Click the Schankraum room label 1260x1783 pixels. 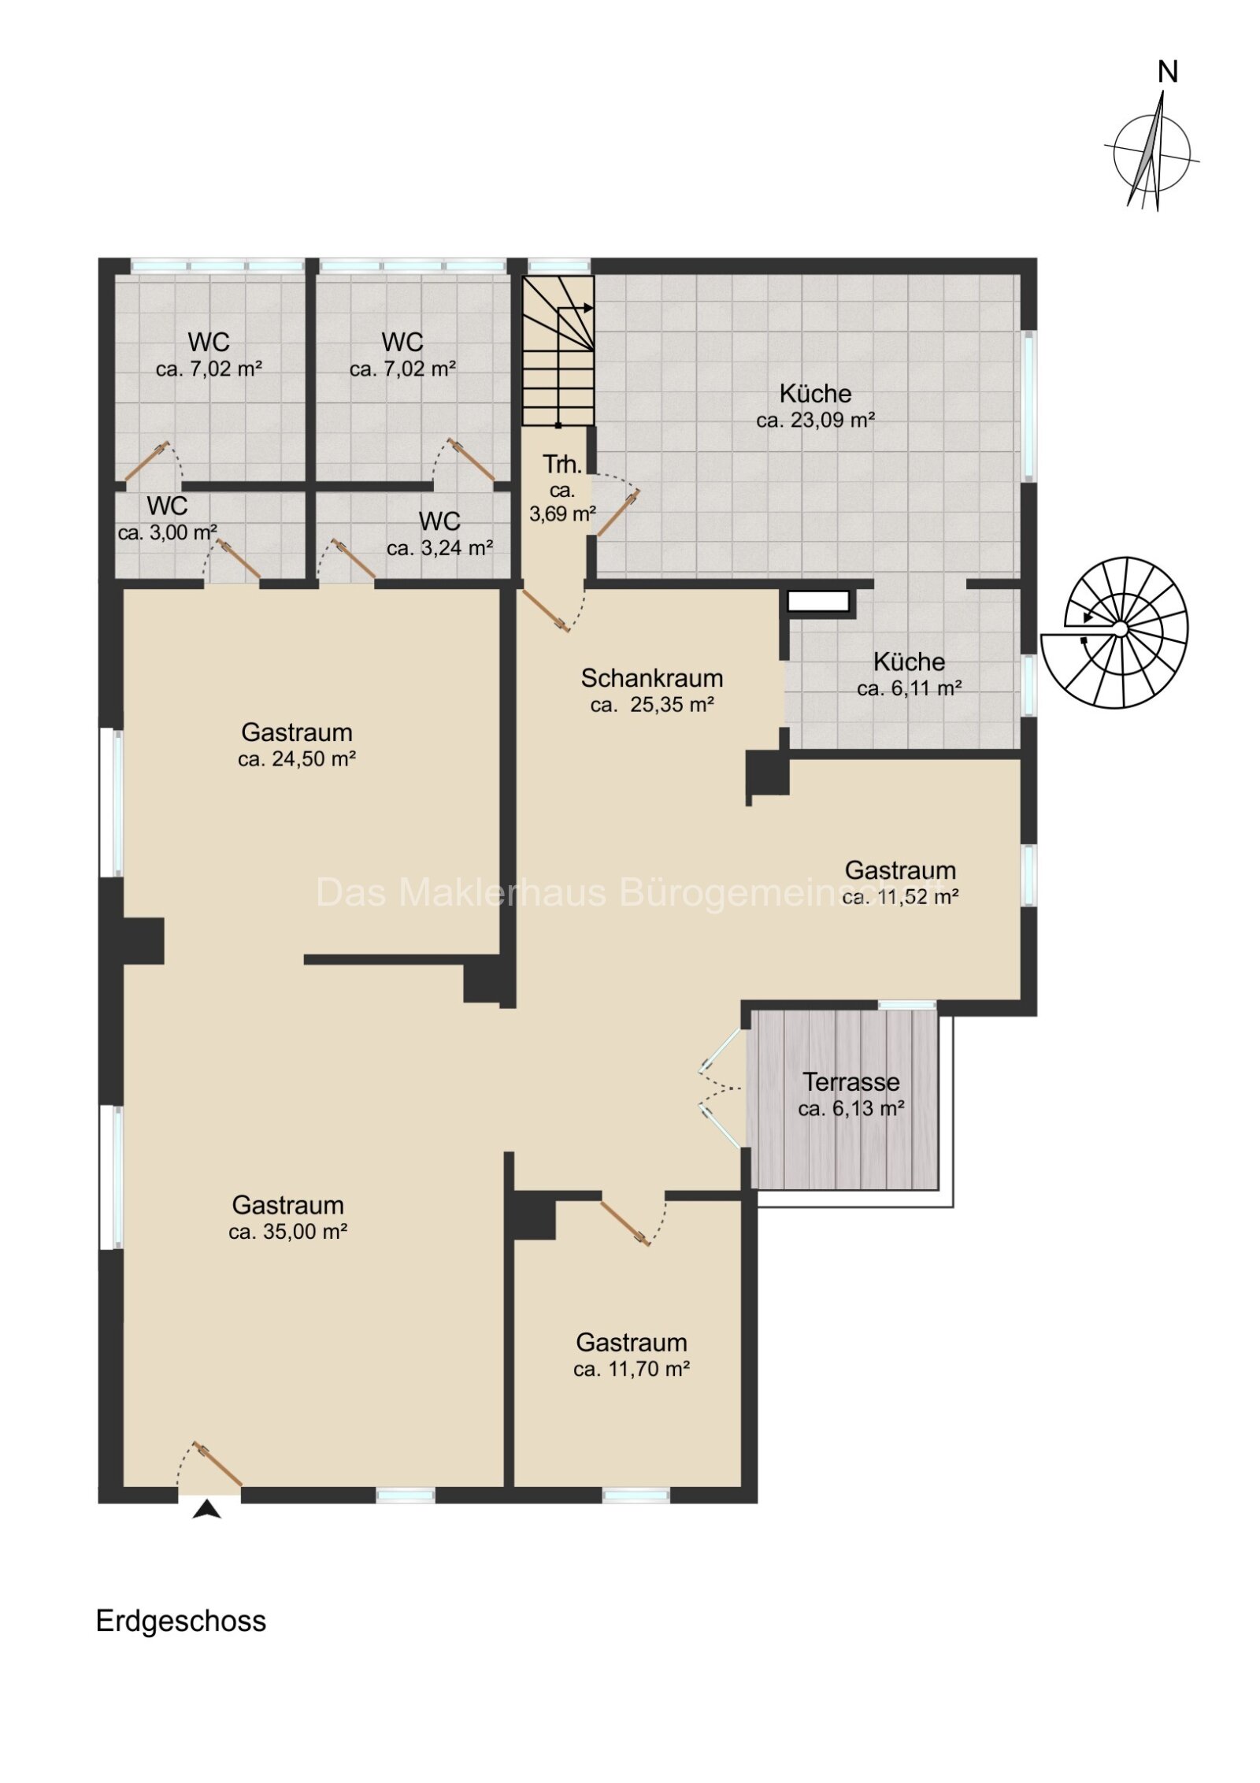click(651, 677)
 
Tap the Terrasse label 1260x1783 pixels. click(850, 1081)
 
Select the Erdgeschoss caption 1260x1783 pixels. click(181, 1622)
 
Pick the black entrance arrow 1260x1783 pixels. click(206, 1509)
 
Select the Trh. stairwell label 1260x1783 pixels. click(561, 465)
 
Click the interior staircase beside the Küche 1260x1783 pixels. click(558, 350)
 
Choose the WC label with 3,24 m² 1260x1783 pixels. click(439, 521)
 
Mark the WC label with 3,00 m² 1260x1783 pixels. click(167, 505)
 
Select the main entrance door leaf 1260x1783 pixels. click(218, 1465)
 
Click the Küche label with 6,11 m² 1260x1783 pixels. click(909, 662)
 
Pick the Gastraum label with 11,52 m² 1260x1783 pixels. click(900, 870)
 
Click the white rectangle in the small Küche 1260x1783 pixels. click(819, 602)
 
